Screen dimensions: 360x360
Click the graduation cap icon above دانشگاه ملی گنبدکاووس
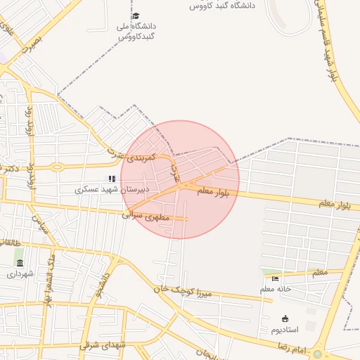pos(136,15)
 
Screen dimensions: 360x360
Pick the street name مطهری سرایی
pos(146,216)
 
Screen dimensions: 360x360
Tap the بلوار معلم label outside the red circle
pos(334,204)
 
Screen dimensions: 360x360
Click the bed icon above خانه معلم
pos(276,279)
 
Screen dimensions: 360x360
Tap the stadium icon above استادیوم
pos(285,319)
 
